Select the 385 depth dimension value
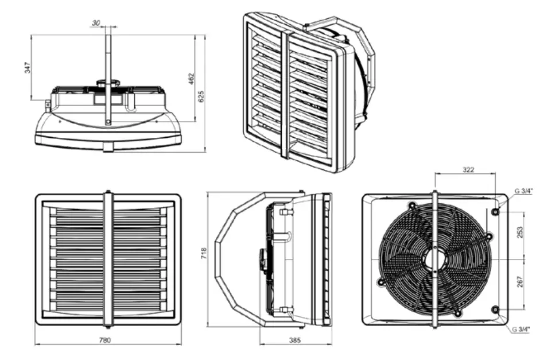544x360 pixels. (294, 340)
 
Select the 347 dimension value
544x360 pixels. (27, 67)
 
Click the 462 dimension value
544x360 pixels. (191, 79)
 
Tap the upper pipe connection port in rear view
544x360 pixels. (495, 212)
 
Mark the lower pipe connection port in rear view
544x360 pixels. (495, 309)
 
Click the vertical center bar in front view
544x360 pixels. (108, 258)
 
